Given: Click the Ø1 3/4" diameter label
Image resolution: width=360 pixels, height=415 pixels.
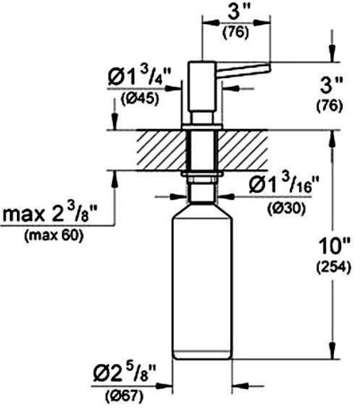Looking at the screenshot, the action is [x=140, y=77].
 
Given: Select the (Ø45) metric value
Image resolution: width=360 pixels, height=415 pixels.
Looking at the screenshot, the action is [x=140, y=99].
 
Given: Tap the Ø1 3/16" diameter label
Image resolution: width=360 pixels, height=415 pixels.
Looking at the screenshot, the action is [x=280, y=186].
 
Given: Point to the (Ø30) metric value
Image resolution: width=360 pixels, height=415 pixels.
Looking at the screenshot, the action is [x=287, y=208].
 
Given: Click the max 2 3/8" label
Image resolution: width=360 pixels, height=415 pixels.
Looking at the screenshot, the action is [x=50, y=213].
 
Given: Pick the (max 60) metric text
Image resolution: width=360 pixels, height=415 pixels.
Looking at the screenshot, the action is [x=54, y=236].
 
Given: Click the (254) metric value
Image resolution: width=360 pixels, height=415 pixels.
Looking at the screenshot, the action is [x=333, y=267].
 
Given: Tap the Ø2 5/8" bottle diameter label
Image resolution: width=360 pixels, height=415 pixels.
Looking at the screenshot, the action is [x=124, y=374].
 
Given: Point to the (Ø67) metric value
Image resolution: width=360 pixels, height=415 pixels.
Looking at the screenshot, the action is [x=124, y=396].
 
